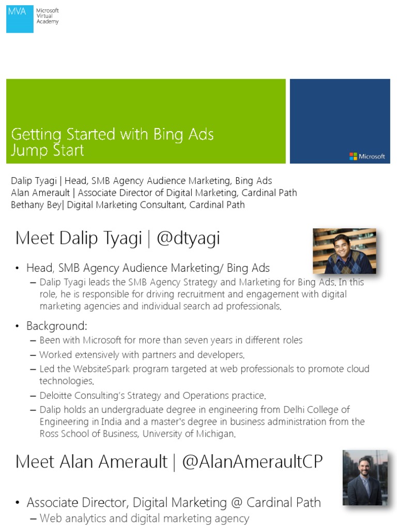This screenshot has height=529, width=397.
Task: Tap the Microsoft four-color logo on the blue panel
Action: [x=353, y=156]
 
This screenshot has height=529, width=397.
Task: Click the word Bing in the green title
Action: [x=165, y=135]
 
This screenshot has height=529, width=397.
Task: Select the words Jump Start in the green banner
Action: [x=48, y=150]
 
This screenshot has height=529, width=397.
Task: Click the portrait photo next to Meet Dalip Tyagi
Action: [x=344, y=251]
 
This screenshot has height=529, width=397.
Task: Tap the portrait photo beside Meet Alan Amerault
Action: [x=365, y=477]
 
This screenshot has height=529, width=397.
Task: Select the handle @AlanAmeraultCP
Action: [x=252, y=462]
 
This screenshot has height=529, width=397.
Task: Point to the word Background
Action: [x=56, y=326]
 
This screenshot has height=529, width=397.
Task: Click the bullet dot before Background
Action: [x=18, y=326]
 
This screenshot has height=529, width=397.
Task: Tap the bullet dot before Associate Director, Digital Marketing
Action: [x=18, y=503]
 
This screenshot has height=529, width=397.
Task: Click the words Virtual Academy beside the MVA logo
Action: [x=47, y=19]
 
